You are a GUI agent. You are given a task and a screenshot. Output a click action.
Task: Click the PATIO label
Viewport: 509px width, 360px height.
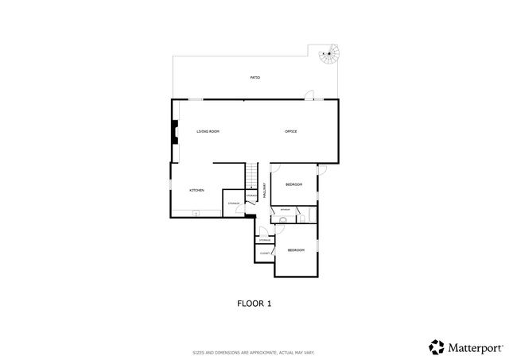pyautogui.click(x=254, y=78)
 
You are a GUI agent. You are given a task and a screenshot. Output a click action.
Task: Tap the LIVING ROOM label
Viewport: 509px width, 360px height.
pyautogui.click(x=208, y=131)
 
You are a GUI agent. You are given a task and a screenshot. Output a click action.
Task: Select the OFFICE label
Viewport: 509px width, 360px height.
pyautogui.click(x=290, y=131)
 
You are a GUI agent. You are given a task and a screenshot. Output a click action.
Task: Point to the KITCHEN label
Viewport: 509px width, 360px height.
pyautogui.click(x=196, y=191)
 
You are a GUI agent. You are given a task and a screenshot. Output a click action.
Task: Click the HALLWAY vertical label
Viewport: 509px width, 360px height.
pyautogui.click(x=264, y=191)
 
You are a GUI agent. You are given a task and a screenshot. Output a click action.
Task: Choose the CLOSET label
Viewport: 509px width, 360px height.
pyautogui.click(x=264, y=254)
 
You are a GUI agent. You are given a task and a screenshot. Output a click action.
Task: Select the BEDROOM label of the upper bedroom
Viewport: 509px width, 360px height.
pyautogui.click(x=295, y=184)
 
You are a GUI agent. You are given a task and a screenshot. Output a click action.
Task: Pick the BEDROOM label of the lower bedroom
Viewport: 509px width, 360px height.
pyautogui.click(x=295, y=250)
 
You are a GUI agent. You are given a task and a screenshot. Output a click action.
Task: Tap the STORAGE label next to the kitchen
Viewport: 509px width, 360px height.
pyautogui.click(x=234, y=203)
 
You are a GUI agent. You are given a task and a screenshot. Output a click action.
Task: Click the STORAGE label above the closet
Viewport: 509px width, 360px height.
pyautogui.click(x=264, y=240)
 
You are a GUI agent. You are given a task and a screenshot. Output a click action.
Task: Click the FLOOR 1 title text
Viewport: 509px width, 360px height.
pyautogui.click(x=254, y=303)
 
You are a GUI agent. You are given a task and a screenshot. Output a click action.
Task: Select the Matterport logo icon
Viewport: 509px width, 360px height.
pyautogui.click(x=436, y=346)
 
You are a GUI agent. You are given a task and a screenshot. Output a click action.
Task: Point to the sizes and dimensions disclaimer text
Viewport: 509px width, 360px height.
pyautogui.click(x=254, y=351)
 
